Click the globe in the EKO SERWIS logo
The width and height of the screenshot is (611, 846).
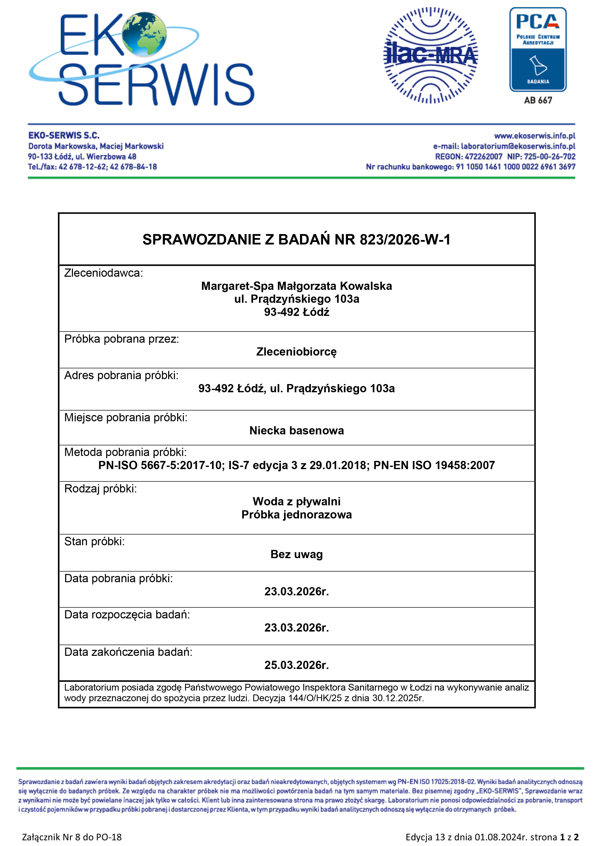pos(144,34)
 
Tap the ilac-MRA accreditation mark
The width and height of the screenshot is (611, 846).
pos(430,55)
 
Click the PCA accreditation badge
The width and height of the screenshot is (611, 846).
pos(538,50)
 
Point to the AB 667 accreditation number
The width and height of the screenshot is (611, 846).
pos(538,100)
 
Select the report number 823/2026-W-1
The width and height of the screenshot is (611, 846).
pos(405,240)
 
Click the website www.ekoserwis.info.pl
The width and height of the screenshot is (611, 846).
pos(535,136)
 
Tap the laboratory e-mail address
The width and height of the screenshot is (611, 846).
pos(518,146)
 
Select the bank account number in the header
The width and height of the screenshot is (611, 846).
pos(515,167)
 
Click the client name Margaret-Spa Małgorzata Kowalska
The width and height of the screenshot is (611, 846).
pos(296,286)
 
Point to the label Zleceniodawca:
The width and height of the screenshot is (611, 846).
pos(103,273)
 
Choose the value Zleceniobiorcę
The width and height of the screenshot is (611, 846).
pos(296,352)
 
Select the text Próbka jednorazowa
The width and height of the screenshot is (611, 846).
pos(296,515)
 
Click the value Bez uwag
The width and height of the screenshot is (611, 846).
pos(296,554)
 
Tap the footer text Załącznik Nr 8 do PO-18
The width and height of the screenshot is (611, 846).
pos(72,837)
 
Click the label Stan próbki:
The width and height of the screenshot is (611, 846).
pos(95,542)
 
